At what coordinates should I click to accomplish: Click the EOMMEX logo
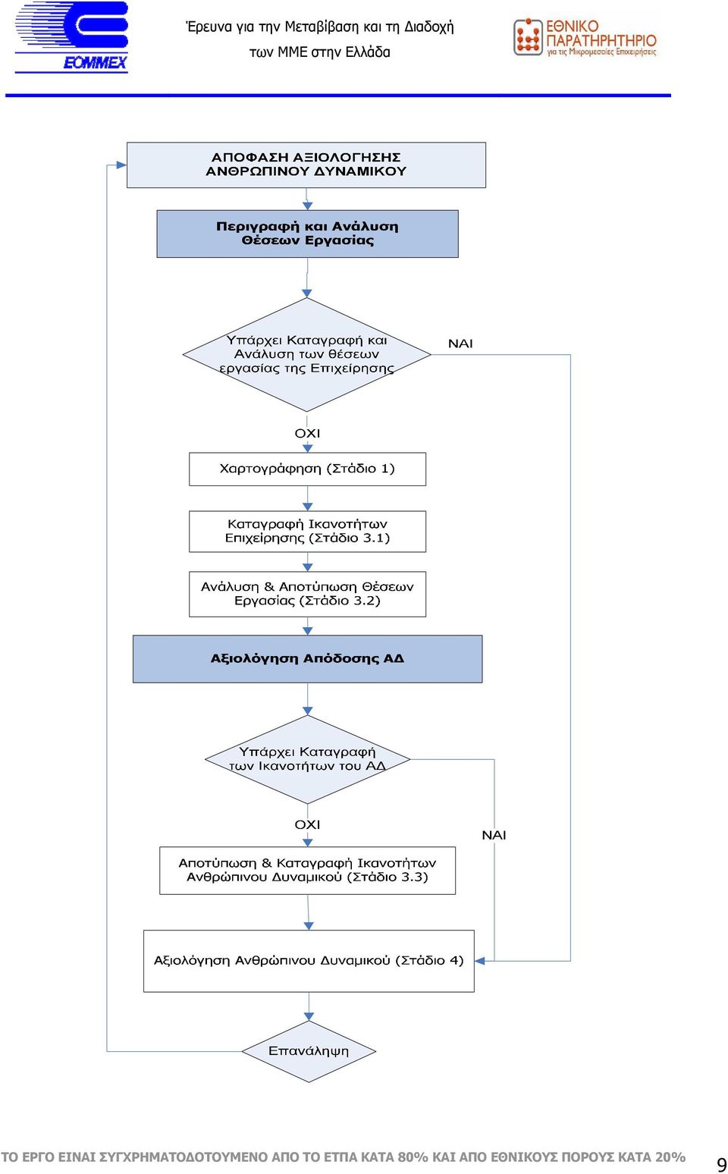pyautogui.click(x=71, y=36)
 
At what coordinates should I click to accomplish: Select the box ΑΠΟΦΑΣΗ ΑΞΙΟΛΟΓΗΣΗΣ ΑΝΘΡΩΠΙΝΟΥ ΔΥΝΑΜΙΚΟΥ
pyautogui.click(x=306, y=165)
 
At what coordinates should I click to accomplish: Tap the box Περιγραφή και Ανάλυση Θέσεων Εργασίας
pyautogui.click(x=307, y=234)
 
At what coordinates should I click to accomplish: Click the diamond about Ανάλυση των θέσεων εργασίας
pyautogui.click(x=306, y=354)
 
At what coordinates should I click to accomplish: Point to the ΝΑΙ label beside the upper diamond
pyautogui.click(x=460, y=344)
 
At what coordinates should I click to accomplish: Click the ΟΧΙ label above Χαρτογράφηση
pyautogui.click(x=307, y=434)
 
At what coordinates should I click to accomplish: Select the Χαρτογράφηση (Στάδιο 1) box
pyautogui.click(x=307, y=469)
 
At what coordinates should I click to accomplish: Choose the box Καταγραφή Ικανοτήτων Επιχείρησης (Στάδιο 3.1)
pyautogui.click(x=307, y=532)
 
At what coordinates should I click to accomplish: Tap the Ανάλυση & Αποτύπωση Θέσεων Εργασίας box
pyautogui.click(x=307, y=594)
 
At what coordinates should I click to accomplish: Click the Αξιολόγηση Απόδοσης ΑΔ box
pyautogui.click(x=307, y=659)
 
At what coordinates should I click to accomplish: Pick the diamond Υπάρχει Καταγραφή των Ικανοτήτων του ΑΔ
pyautogui.click(x=307, y=759)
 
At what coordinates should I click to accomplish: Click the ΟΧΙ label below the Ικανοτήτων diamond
pyautogui.click(x=307, y=824)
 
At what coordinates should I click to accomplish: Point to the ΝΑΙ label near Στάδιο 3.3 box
pyautogui.click(x=494, y=835)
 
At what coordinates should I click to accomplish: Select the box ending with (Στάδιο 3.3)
pyautogui.click(x=307, y=871)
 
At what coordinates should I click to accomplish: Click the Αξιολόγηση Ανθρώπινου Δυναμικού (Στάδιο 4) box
pyautogui.click(x=309, y=961)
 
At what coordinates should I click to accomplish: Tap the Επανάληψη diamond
pyautogui.click(x=309, y=1051)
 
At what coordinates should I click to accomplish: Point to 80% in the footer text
pyautogui.click(x=413, y=1157)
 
